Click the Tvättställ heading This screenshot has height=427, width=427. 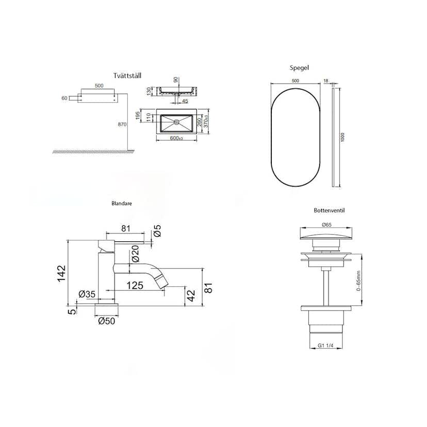pos(127,75)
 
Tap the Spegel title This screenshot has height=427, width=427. pos(299,68)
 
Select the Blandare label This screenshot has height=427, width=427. pos(122,203)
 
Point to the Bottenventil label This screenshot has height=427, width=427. pos(329,210)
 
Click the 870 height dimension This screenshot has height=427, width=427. pos(122,124)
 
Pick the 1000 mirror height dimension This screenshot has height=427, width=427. pos(342,137)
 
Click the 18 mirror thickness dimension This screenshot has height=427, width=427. pos(326,80)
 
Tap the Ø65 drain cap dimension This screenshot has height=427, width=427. pos(326,225)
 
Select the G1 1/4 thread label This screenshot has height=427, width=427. pos(326,346)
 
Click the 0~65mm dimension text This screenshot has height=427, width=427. pos(358,281)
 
